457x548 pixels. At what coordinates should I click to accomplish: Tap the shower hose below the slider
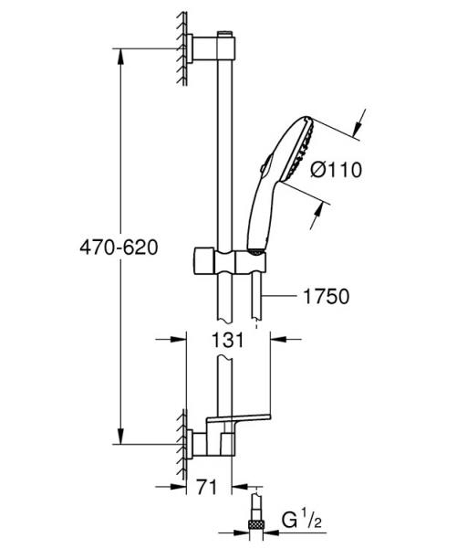(x=261, y=297)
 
